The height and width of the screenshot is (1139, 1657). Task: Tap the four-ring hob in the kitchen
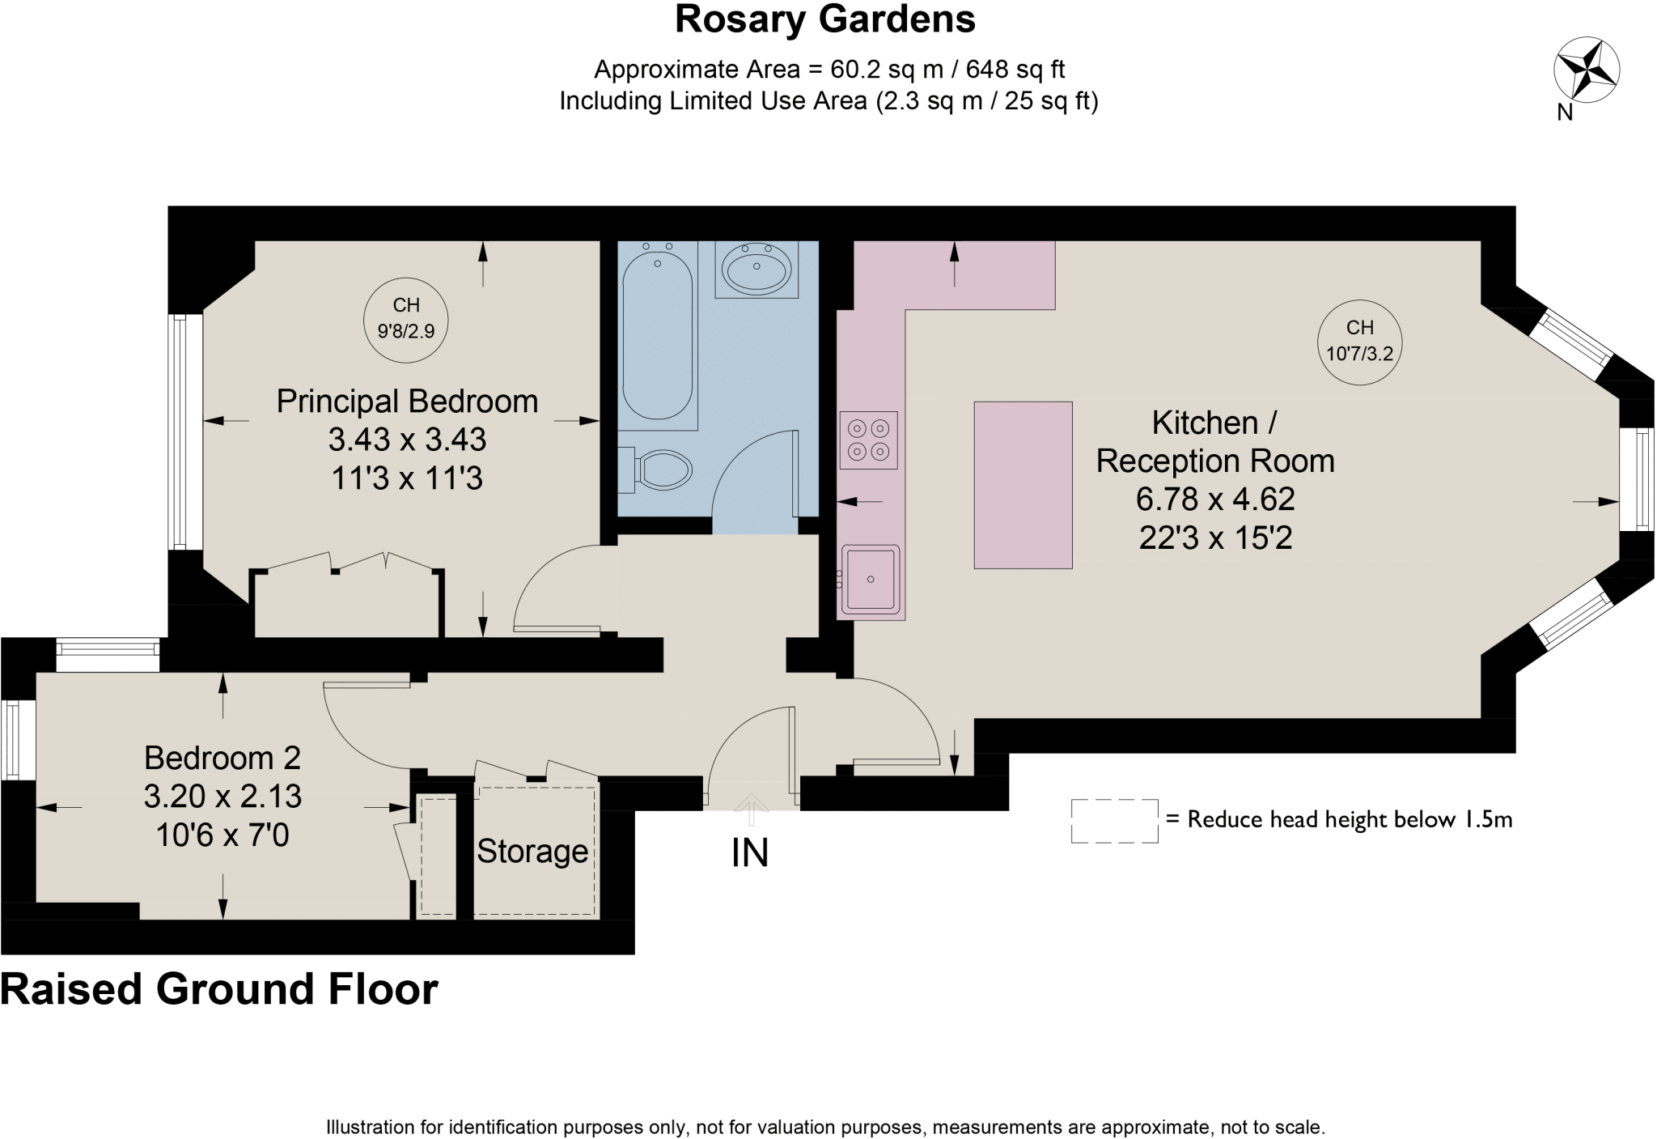tap(869, 440)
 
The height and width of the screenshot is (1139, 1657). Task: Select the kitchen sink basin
tap(871, 579)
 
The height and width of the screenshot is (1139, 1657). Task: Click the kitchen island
tap(1023, 485)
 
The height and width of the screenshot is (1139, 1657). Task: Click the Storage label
tap(532, 852)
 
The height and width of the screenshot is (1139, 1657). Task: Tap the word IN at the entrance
tap(750, 853)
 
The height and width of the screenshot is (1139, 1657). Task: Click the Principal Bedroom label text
tap(407, 402)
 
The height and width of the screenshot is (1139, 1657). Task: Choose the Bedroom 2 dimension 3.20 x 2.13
tap(222, 797)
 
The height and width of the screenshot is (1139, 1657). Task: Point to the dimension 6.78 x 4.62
tap(1215, 499)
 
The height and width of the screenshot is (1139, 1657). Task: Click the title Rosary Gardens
tap(825, 19)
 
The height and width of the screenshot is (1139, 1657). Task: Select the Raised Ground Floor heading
tap(219, 989)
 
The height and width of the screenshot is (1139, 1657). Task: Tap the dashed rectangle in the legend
tap(1114, 821)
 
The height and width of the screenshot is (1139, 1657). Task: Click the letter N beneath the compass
tap(1566, 113)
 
